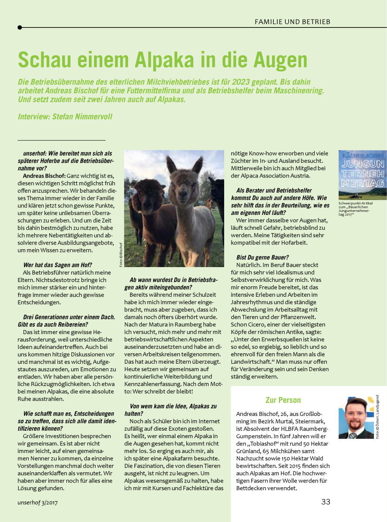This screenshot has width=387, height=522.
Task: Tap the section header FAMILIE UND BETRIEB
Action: point(292,22)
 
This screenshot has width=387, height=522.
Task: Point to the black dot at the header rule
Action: point(20,27)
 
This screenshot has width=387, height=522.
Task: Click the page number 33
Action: point(326,502)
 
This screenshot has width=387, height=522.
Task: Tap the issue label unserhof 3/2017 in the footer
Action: point(38,502)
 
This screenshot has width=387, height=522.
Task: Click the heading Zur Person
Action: point(283,400)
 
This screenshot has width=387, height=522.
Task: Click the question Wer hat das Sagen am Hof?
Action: point(57,265)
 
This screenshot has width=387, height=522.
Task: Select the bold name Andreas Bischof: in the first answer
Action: point(44,175)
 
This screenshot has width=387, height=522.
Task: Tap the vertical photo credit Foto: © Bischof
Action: point(121,254)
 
